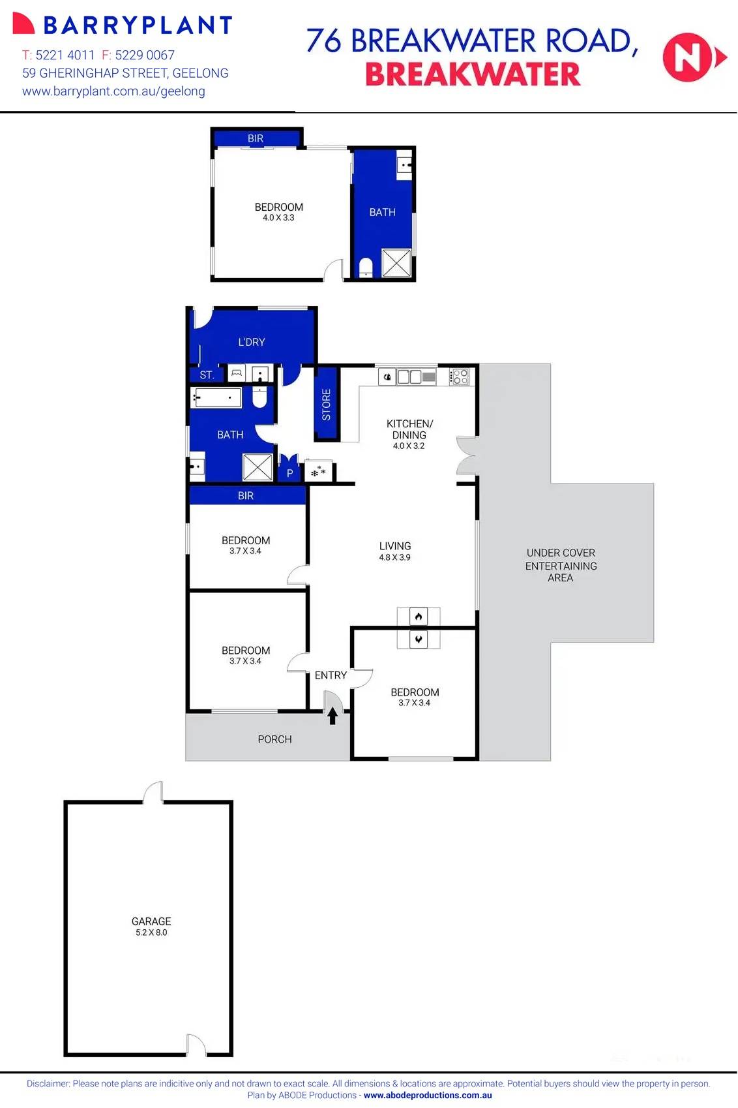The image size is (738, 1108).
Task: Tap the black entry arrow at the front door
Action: click(x=332, y=716)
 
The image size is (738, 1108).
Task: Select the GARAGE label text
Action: click(x=151, y=921)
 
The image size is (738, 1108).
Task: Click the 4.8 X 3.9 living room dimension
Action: click(x=394, y=557)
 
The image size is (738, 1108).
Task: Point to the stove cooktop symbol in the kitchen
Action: click(x=460, y=377)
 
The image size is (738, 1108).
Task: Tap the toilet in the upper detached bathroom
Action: click(x=366, y=266)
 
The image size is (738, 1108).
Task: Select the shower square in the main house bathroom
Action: click(x=258, y=467)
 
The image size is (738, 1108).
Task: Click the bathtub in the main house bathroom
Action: click(x=216, y=397)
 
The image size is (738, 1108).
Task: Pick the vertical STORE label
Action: click(x=327, y=404)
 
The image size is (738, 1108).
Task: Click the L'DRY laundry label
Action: click(x=251, y=342)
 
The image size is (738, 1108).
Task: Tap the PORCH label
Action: click(x=274, y=739)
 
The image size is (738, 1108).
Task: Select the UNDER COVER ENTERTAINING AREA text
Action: click(x=561, y=565)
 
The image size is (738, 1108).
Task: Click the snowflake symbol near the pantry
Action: click(x=318, y=472)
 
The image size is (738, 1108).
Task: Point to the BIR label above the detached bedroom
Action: click(x=256, y=138)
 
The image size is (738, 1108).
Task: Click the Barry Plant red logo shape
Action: click(x=23, y=24)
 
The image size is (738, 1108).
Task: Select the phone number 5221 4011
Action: click(x=65, y=55)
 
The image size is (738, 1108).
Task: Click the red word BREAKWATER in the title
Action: click(x=472, y=75)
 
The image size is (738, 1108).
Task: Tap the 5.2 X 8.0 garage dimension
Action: click(x=151, y=932)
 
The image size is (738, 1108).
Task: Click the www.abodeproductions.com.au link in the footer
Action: click(x=428, y=1096)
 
